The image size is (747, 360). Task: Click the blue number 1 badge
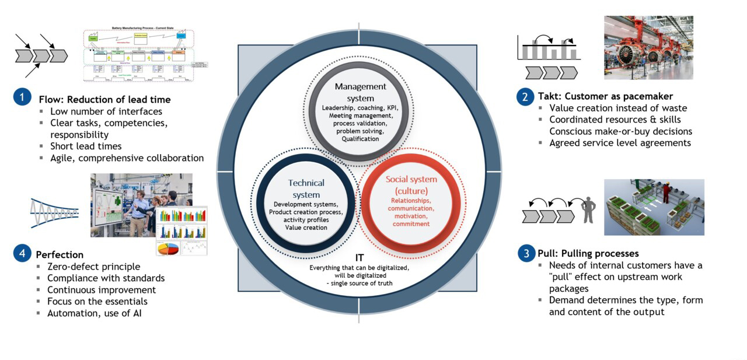pos(22,97)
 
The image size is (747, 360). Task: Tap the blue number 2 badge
pos(526,96)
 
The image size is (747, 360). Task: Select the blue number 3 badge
pos(526,253)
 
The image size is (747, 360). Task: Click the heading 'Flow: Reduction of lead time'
pos(104,99)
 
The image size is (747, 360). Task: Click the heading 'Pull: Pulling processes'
pos(588,253)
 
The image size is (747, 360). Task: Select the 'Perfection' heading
pos(60,254)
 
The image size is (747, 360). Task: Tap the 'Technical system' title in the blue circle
pos(306,188)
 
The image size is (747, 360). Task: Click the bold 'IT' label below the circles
pos(359,257)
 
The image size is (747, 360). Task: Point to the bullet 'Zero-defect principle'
pos(93,267)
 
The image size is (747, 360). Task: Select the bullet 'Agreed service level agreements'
pos(620,143)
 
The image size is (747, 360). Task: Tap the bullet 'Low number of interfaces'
pos(106,111)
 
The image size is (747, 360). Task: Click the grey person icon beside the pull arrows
pos(588,210)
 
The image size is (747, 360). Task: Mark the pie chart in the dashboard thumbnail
pos(167,247)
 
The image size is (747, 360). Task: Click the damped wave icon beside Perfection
pos(54,212)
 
